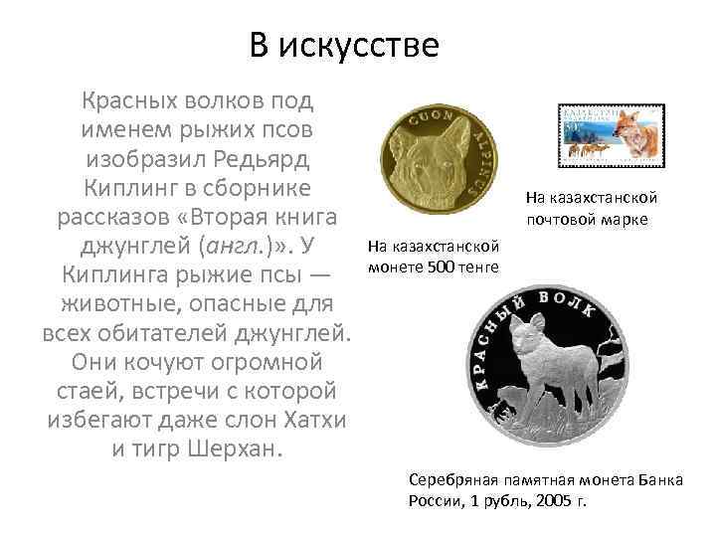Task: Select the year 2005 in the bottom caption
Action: coord(553,498)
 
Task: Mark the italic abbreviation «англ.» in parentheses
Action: coord(230,245)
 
